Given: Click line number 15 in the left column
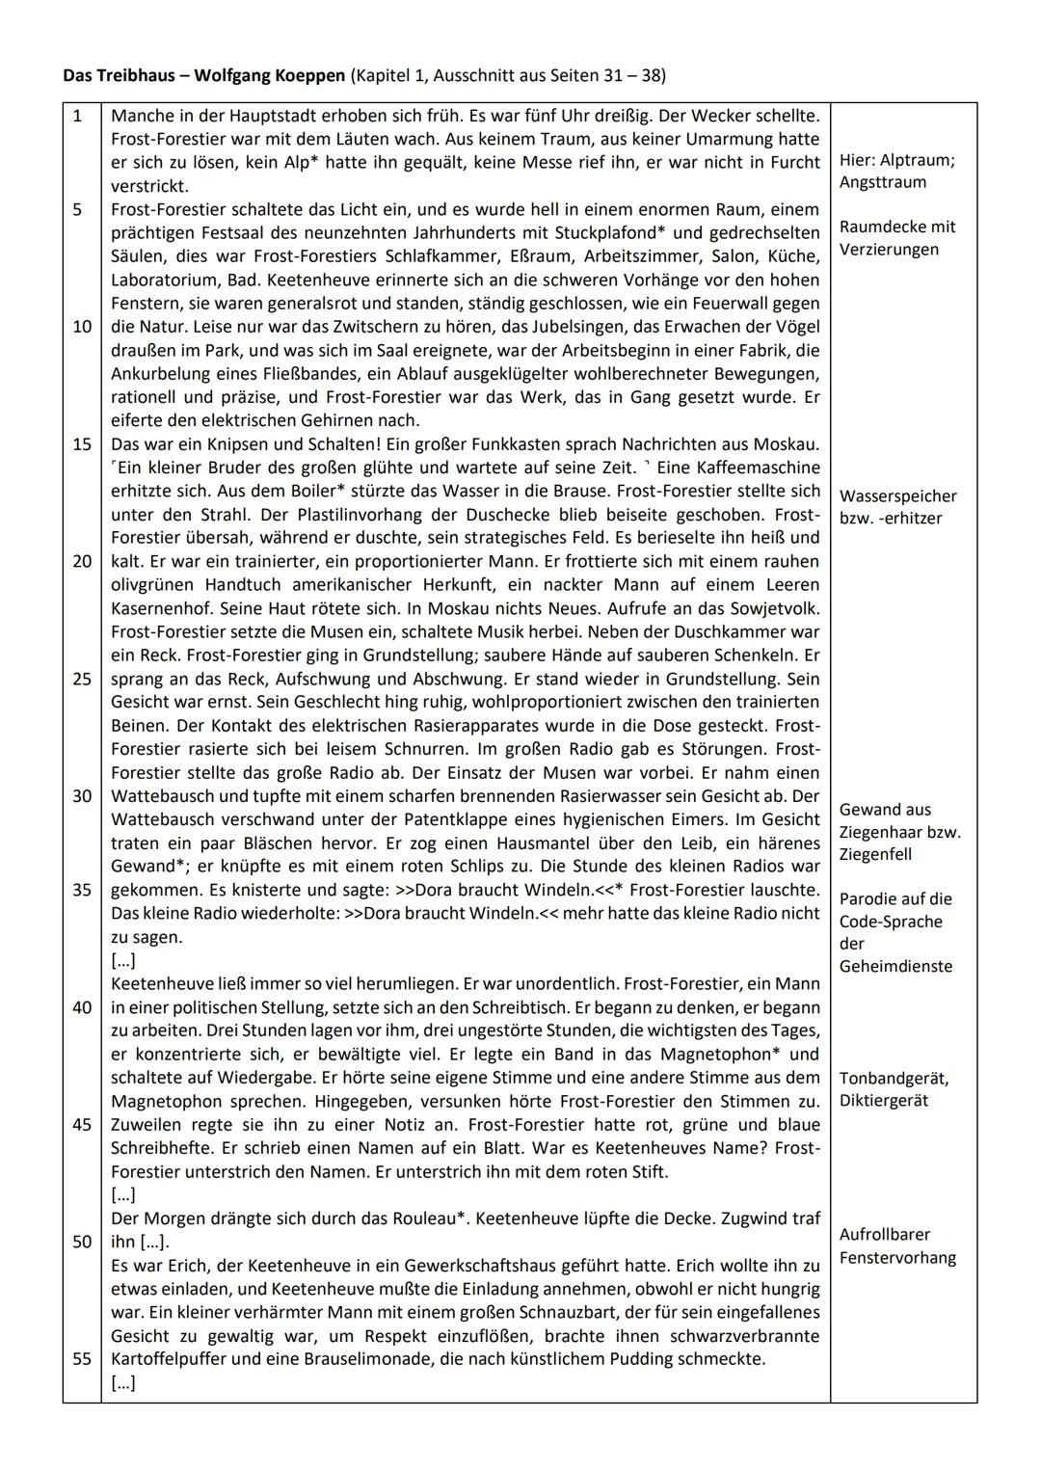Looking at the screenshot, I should pos(81,444).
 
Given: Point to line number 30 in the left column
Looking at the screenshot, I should pos(81,796).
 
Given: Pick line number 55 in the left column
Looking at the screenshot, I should pos(81,1359).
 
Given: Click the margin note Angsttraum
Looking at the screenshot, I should pos(883,182).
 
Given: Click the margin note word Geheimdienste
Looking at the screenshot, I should pos(895,966).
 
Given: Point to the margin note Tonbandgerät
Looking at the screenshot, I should pos(894,1078).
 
